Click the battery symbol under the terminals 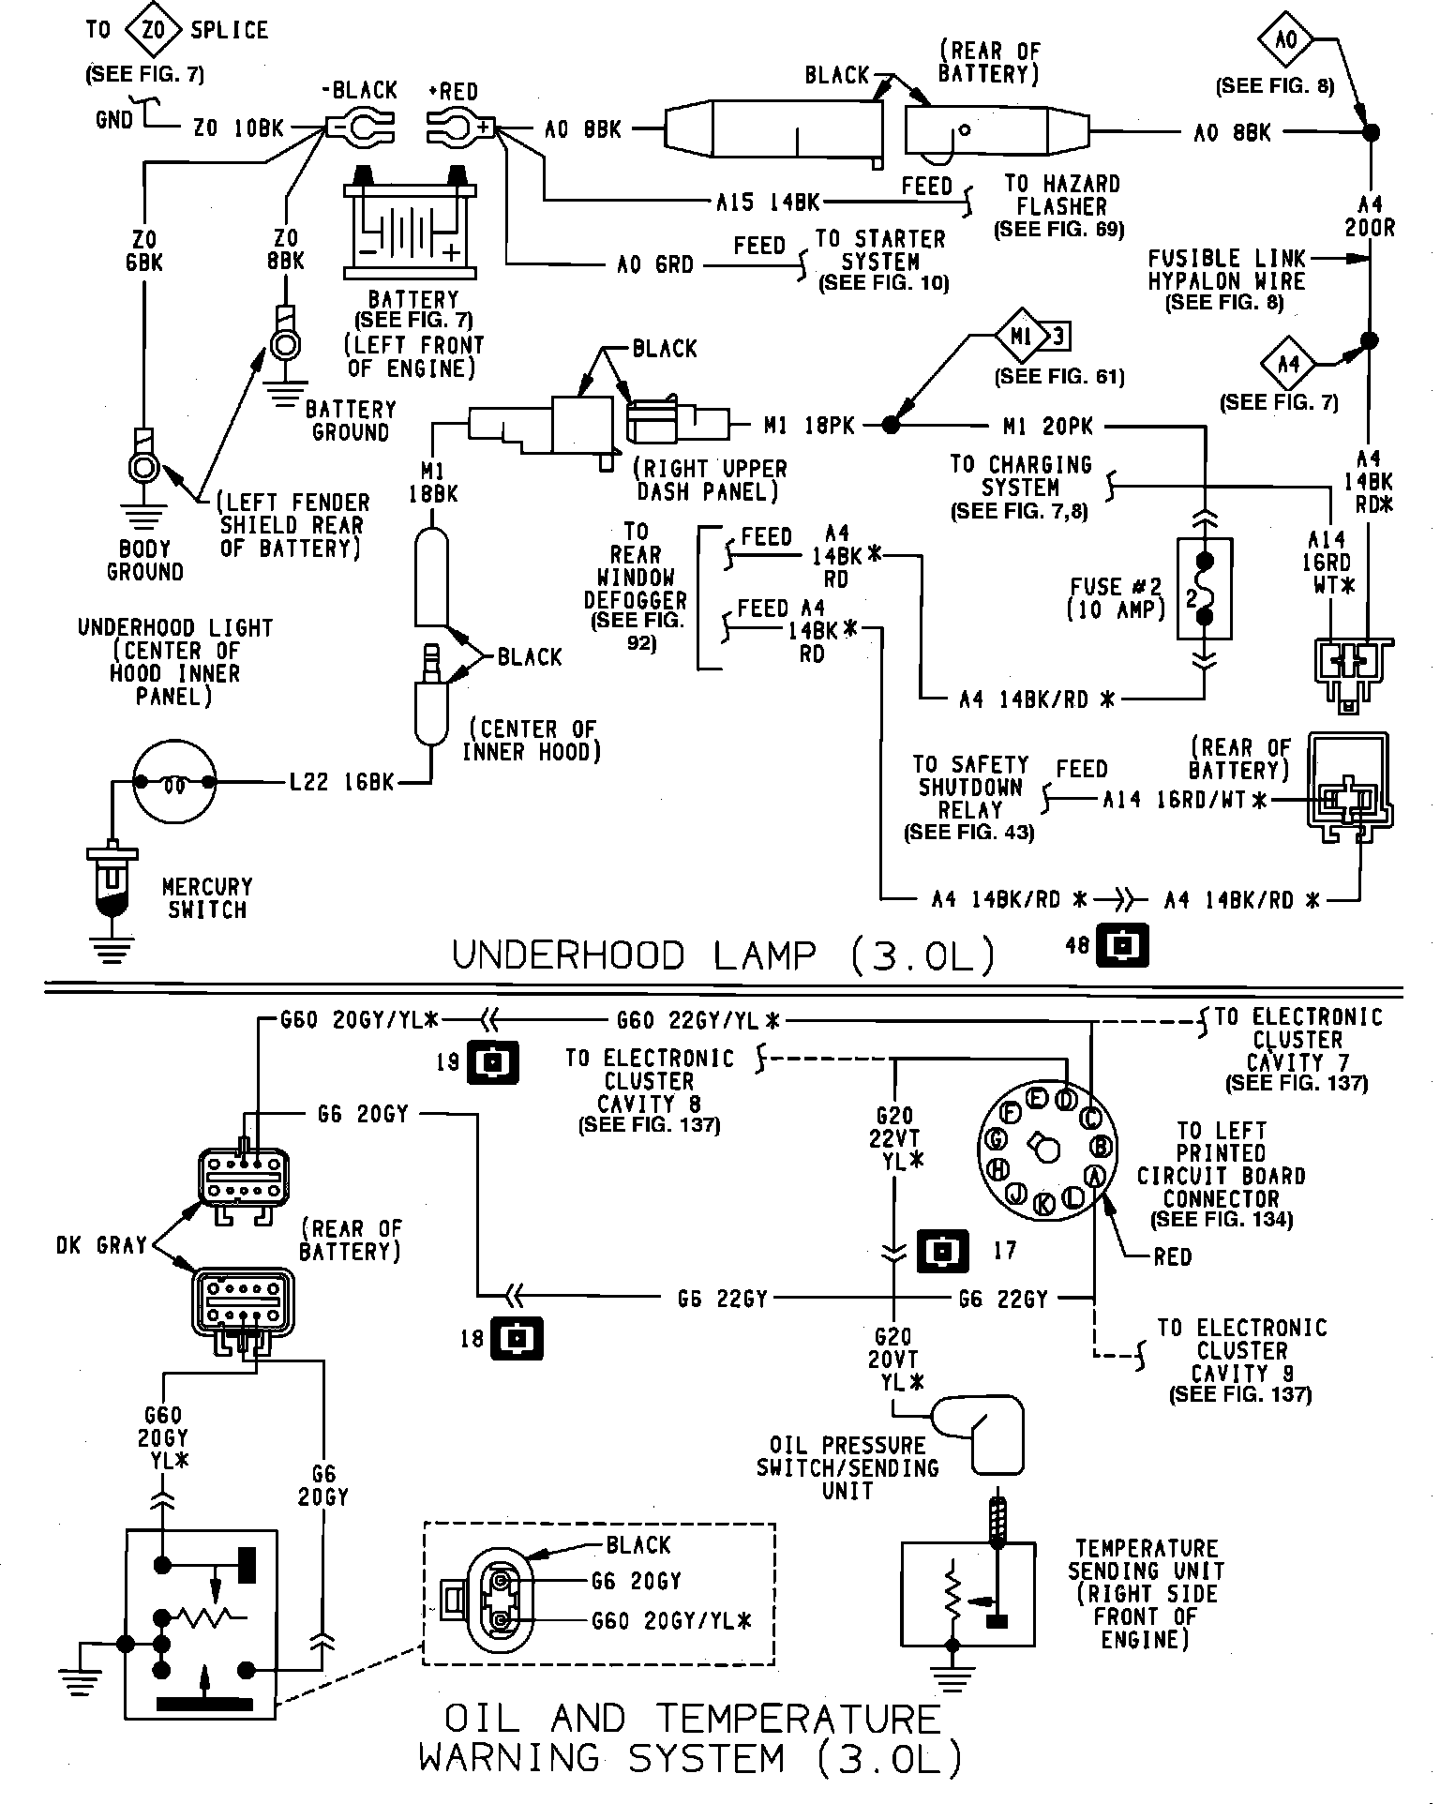[412, 225]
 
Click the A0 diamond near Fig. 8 [1287, 39]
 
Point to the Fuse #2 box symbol [1205, 589]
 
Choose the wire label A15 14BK [768, 202]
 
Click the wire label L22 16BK [341, 782]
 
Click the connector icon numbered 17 [943, 1250]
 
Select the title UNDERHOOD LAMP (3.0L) [723, 955]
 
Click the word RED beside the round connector [1172, 1256]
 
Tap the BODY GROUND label [145, 560]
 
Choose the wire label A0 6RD [655, 265]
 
